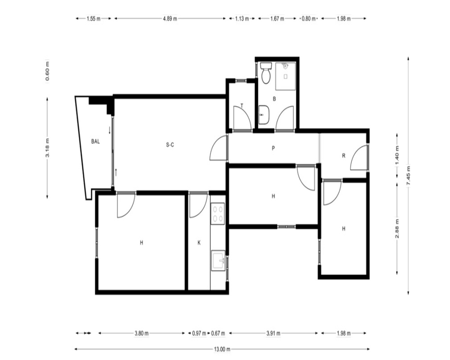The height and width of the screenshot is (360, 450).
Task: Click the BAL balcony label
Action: point(95,141)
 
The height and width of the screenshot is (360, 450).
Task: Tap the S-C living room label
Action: point(170,145)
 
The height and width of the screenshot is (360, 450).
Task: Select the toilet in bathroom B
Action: point(266,73)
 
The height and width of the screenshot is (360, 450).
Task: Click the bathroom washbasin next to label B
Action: point(264,115)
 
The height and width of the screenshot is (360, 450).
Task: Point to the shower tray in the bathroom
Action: point(286,76)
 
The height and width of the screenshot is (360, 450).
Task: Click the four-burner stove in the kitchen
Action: point(217,213)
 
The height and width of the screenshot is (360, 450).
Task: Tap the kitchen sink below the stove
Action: point(218,261)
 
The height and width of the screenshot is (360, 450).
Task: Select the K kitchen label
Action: point(199,243)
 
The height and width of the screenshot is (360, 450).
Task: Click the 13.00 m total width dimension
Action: point(222,349)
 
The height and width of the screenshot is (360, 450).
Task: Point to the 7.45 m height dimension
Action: point(409,176)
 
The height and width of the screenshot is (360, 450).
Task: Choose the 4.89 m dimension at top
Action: point(170,18)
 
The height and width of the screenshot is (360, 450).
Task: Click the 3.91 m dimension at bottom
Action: point(273,333)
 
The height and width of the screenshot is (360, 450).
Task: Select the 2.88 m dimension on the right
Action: point(397,229)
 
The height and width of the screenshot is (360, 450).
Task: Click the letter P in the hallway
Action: point(273,148)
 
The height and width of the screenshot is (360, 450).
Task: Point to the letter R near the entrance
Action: point(343,156)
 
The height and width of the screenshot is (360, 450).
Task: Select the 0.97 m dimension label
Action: point(199,333)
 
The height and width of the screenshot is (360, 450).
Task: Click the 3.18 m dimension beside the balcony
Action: point(47,148)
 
